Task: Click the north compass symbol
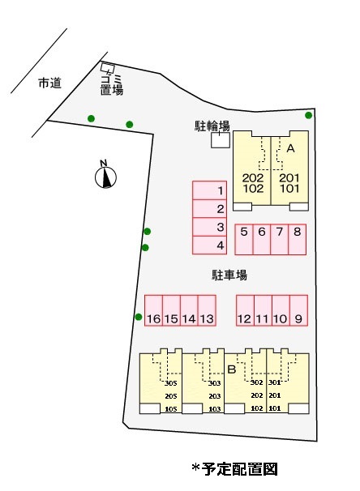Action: pos(105,175)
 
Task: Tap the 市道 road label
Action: pos(49,83)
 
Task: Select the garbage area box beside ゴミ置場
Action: pos(108,67)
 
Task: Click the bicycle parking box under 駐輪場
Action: pos(221,139)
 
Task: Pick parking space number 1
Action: pos(210,190)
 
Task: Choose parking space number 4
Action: pos(210,245)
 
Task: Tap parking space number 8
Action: pos(297,239)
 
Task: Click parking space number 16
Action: pos(153,310)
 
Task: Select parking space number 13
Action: pos(207,310)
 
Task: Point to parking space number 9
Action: pos(298,310)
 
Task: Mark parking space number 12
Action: pos(245,310)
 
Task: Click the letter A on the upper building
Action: pos(291,148)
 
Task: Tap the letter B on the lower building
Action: pos(232,369)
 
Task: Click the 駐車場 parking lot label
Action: pos(229,275)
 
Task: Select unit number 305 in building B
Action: pos(171,383)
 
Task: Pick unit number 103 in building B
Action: pos(215,409)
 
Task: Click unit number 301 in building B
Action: pos(275,382)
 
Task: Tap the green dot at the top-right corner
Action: pos(309,115)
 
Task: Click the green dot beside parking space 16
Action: pos(139,317)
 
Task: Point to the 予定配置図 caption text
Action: pos(239,469)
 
